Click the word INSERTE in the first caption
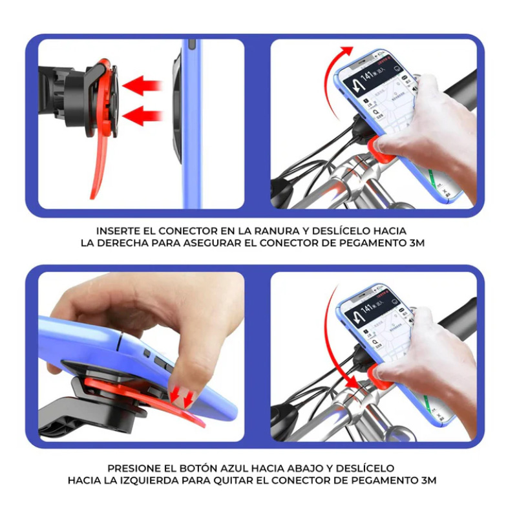[x=118, y=231]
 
